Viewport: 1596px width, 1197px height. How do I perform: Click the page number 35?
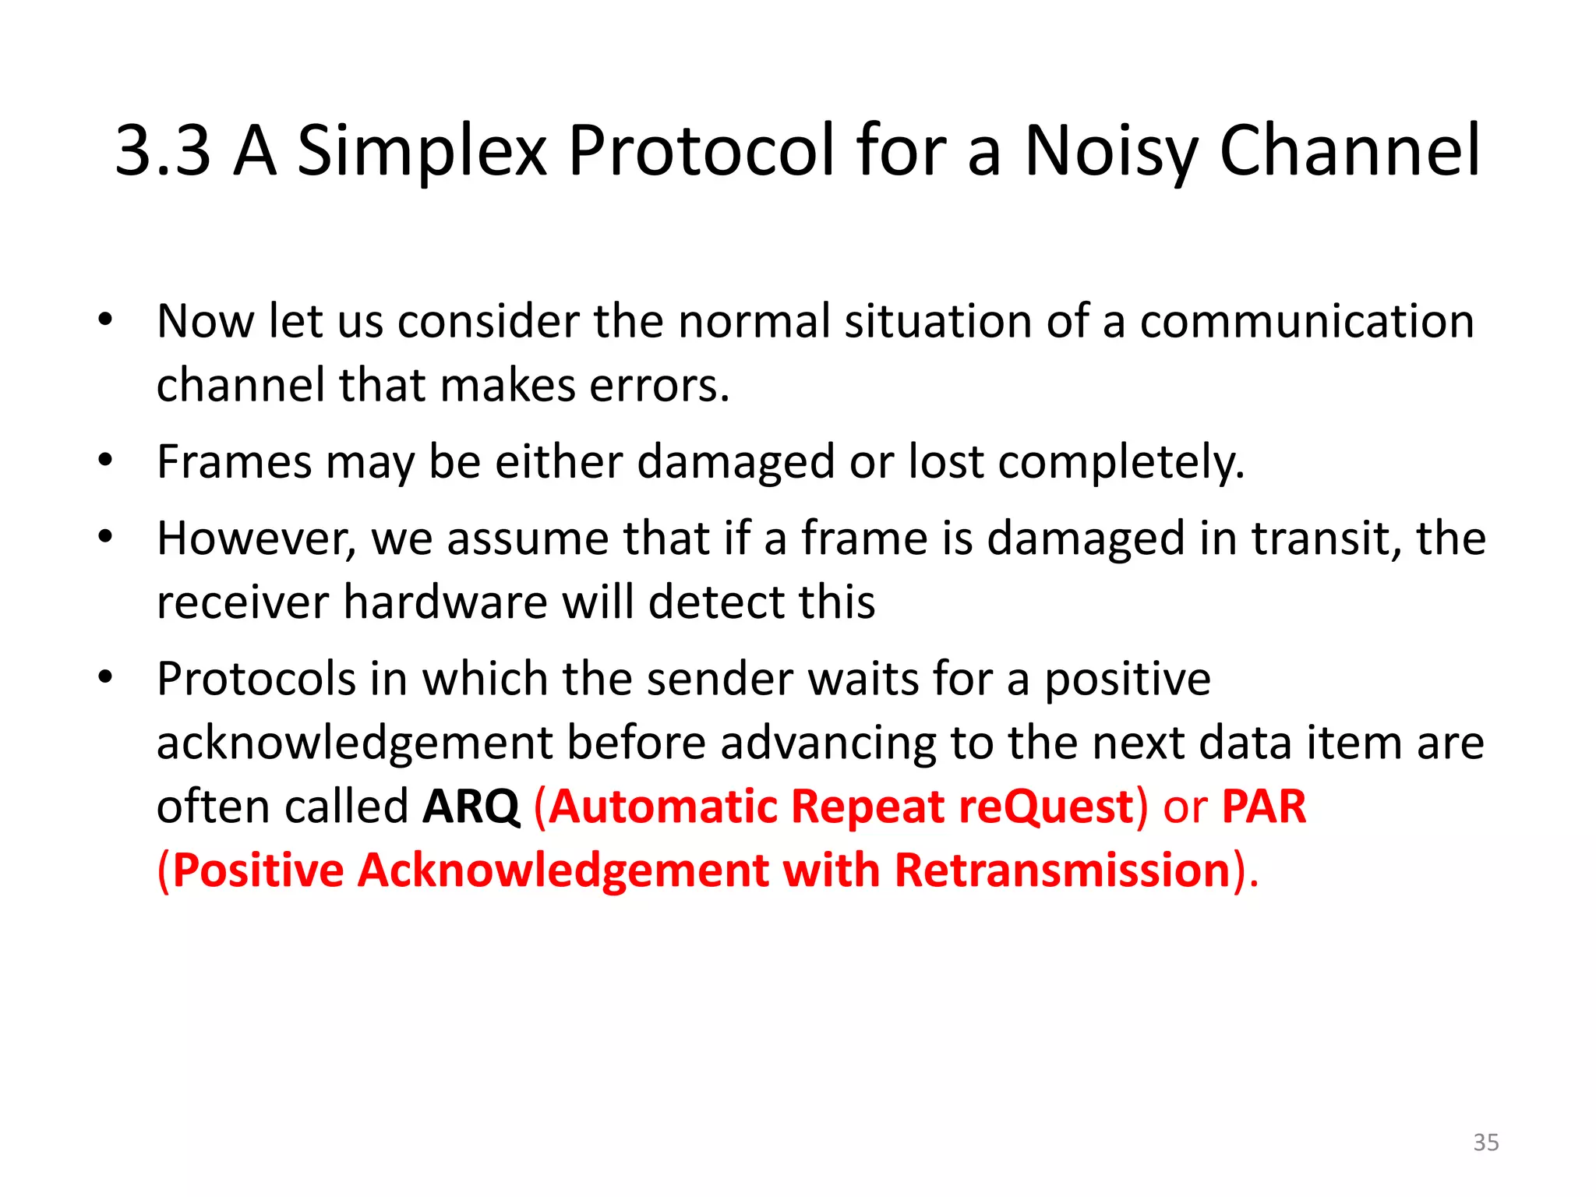point(1485,1142)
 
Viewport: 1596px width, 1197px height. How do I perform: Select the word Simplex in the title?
point(422,152)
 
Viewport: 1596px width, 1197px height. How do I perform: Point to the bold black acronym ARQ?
point(471,807)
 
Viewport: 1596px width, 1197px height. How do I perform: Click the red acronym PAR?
point(1263,807)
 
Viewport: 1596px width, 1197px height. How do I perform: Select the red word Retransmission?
point(1062,870)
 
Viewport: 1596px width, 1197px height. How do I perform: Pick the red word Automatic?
point(662,807)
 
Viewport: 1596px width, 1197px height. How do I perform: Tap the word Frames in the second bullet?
point(234,461)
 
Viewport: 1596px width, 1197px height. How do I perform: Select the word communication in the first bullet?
point(1307,321)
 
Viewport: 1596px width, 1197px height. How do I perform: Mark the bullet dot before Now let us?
point(106,320)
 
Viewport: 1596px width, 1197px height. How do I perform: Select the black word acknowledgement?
point(355,743)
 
